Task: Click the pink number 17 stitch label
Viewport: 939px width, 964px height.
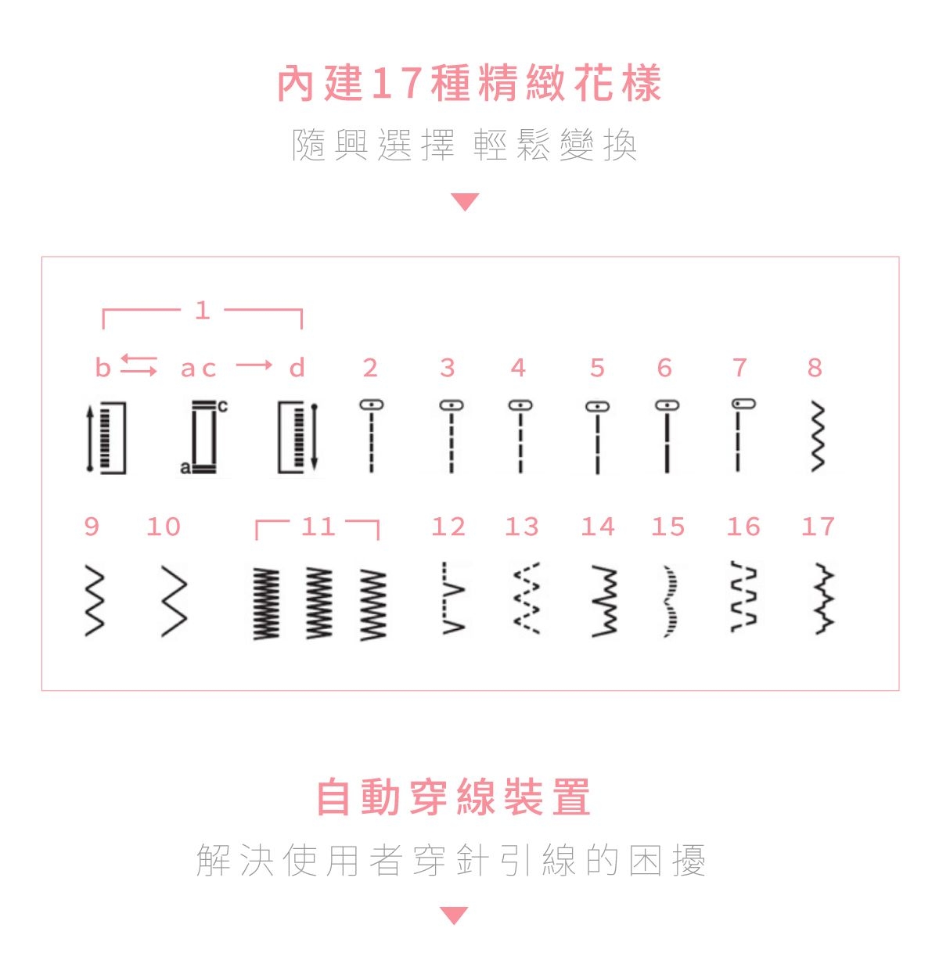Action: coord(818,527)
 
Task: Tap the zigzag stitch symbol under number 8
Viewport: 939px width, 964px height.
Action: coord(818,437)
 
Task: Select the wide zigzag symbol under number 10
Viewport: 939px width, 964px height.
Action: coord(174,600)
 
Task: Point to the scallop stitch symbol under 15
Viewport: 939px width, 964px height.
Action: coord(670,601)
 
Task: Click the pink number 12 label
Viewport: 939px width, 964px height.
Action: coord(448,527)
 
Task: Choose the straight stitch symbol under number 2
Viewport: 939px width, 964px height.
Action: coord(372,436)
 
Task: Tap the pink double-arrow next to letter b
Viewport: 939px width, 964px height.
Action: coord(139,365)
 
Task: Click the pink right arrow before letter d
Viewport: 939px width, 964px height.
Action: coord(254,365)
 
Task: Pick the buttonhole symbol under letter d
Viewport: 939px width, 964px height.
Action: coord(298,437)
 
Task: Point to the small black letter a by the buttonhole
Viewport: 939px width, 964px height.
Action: coord(185,468)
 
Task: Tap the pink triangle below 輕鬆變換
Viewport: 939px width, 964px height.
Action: coord(465,202)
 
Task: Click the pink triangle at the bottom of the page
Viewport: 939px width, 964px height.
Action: coord(454,915)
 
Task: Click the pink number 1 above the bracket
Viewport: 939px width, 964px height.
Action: coord(202,311)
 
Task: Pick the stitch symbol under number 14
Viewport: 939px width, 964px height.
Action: coord(605,600)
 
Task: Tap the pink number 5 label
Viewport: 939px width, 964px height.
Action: coord(598,368)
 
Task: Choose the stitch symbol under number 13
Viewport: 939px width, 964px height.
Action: coord(527,599)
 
